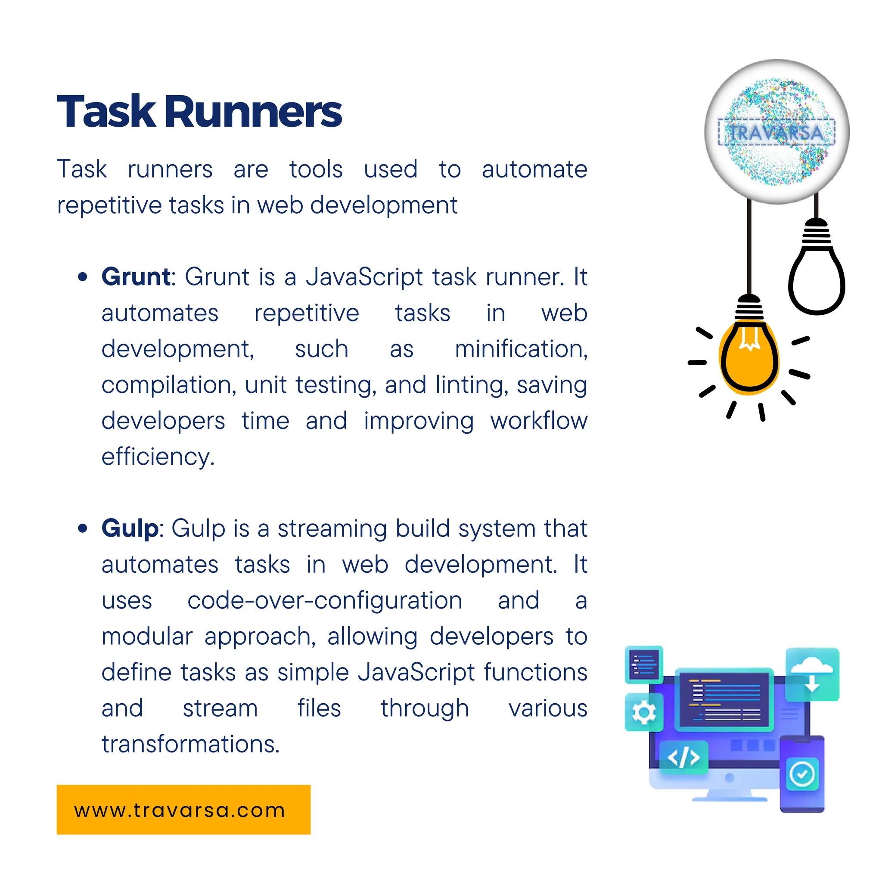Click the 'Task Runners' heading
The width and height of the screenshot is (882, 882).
(x=199, y=112)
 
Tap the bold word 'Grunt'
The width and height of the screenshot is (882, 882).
(x=136, y=276)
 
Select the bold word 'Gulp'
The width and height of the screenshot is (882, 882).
(x=130, y=529)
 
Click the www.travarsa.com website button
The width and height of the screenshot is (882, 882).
(x=183, y=810)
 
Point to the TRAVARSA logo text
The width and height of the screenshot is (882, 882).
(x=776, y=133)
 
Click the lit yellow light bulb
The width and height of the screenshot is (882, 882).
(x=749, y=356)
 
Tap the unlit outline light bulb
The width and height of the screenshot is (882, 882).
(x=816, y=279)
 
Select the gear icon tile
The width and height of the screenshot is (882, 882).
(x=644, y=712)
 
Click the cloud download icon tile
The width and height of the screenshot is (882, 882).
(x=812, y=674)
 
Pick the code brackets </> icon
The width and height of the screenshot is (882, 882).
(x=683, y=758)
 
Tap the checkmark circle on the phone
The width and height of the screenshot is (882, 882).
(x=802, y=774)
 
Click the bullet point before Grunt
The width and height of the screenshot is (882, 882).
(x=83, y=276)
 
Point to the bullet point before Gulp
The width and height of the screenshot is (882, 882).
(x=83, y=529)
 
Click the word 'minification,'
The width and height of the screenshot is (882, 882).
(x=521, y=350)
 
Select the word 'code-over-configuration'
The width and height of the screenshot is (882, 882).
(x=325, y=601)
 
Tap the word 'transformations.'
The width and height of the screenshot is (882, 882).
(x=190, y=744)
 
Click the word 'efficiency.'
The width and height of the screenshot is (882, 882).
(x=158, y=457)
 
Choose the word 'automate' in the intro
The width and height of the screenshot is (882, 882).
(x=534, y=169)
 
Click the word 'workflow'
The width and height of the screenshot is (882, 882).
(x=539, y=420)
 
